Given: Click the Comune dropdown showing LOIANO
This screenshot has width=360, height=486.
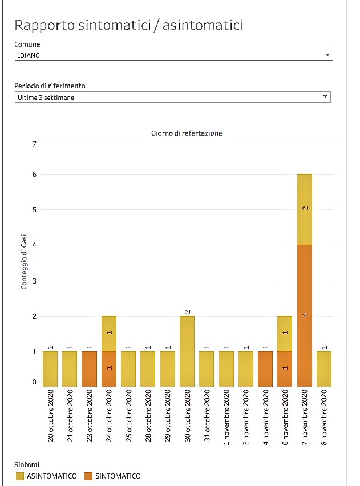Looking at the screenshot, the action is coord(173,55).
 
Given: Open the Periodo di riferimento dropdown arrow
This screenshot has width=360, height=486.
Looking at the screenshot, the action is coord(325,97).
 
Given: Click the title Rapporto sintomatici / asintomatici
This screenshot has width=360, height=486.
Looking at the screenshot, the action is coord(129,25).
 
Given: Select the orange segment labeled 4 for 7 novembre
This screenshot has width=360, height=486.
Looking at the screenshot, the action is coord(305,315).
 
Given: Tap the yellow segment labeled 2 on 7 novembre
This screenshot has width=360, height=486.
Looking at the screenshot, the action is coord(305,209).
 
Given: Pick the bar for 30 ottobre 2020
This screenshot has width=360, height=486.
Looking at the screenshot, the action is coord(187,351).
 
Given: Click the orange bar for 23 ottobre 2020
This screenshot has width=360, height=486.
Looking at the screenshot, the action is coord(90,369).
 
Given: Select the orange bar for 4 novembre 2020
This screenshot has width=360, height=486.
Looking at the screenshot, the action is coord(265,369).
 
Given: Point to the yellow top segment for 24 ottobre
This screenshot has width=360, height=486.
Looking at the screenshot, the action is coord(109,334).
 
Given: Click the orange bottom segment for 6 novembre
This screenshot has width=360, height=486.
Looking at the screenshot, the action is coord(285,369).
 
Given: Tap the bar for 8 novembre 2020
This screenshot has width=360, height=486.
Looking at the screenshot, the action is coord(324,369).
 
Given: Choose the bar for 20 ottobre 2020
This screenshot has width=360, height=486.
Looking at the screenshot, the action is coord(50,369).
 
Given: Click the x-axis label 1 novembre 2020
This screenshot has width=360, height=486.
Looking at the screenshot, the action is coord(226,417).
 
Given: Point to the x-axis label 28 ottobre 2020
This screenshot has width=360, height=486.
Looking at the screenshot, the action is coord(148,415).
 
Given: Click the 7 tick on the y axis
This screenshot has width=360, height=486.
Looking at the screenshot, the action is coord(34,144).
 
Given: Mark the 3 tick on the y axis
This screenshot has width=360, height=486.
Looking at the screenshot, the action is coord(34,281).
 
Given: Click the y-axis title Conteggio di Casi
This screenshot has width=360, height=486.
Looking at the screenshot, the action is coord(24,262).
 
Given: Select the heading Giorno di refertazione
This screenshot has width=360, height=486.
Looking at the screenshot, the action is coord(187,133).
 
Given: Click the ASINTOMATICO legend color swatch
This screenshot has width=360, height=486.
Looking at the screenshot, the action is coord(20,476).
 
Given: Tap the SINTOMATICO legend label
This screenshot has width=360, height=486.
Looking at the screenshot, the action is coord(118,476).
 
